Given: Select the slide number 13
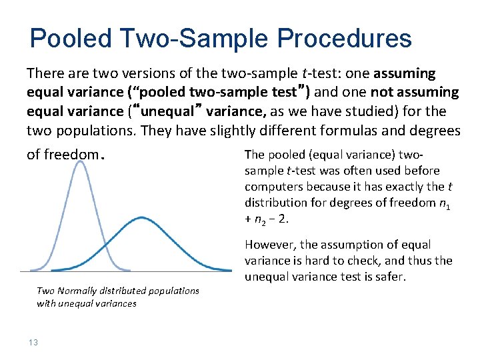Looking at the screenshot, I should (x=33, y=343).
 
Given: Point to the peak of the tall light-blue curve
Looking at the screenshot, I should (x=81, y=162).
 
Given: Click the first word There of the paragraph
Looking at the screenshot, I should (x=45, y=73).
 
